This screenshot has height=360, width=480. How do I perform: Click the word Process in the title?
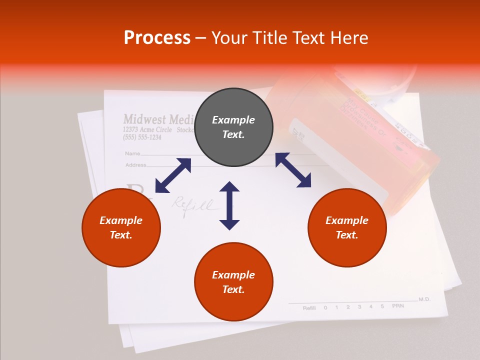coord(157,38)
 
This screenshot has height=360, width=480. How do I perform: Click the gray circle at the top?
coord(233,127)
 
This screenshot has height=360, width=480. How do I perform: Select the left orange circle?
coord(121,228)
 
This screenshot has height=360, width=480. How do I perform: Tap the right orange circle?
coord(347,228)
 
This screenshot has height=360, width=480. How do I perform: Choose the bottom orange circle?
coord(233,282)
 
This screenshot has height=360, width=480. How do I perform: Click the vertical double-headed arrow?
coord(229,205)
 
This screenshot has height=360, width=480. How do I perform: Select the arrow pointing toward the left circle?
coord(173,175)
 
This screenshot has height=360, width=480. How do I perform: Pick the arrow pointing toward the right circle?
coord(293,170)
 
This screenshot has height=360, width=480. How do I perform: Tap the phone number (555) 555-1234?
coord(142,137)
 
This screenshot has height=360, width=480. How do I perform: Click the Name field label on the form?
coord(132,153)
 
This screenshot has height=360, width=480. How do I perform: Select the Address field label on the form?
coord(135,164)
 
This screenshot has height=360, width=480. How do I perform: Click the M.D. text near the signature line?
coord(424,299)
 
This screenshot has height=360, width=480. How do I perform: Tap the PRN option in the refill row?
coord(397,306)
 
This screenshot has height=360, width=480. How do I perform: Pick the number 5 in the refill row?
coord(382,306)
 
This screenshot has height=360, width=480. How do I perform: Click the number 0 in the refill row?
coord(325,307)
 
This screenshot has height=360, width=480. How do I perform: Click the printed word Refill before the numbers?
coord(309,308)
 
